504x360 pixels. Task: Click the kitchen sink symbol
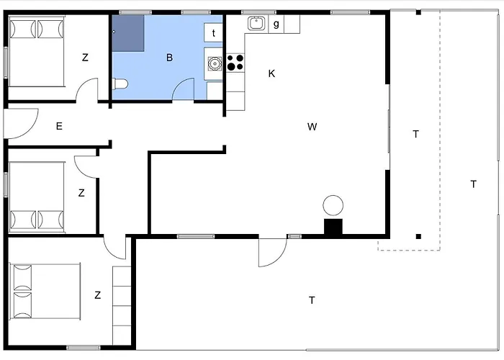(256, 23)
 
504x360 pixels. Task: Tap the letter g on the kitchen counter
(276, 24)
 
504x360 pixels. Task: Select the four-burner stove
(235, 63)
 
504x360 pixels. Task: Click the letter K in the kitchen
(271, 73)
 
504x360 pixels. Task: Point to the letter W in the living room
(312, 127)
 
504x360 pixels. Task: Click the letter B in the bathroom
(169, 58)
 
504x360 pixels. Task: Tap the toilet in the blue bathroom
(120, 84)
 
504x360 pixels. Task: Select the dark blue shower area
(128, 33)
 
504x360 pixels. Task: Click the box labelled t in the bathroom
(213, 32)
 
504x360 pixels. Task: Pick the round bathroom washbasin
(215, 63)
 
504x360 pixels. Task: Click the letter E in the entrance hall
(59, 126)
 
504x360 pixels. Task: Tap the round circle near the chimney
(333, 205)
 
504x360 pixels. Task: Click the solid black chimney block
(333, 228)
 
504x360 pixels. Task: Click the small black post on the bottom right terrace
(418, 237)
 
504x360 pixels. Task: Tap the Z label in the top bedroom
(85, 58)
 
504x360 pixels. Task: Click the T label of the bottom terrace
(312, 300)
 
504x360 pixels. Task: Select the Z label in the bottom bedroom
(98, 295)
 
